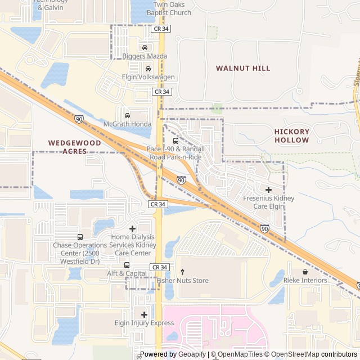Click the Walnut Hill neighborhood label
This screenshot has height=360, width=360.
[243, 68]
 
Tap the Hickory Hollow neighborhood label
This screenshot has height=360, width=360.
[291, 136]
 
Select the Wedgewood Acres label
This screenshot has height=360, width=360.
[75, 147]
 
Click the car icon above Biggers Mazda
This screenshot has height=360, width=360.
[145, 47]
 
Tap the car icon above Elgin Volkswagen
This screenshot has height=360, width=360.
[148, 68]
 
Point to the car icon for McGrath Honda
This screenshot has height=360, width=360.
[127, 115]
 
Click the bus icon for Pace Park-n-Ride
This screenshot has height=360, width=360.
[175, 141]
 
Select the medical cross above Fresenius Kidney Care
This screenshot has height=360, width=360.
[268, 190]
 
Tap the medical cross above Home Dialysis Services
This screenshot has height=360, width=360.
[132, 228]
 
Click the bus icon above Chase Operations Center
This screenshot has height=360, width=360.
[80, 237]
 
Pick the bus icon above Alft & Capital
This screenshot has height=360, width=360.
[127, 265]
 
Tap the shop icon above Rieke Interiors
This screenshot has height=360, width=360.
[305, 272]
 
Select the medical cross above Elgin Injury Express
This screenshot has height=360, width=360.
[145, 314]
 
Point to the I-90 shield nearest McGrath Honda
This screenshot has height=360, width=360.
[79, 119]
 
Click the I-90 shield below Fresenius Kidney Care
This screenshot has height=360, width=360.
[264, 228]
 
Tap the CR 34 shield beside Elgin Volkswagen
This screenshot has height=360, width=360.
[161, 91]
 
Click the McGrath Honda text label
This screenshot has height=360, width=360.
[127, 124]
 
